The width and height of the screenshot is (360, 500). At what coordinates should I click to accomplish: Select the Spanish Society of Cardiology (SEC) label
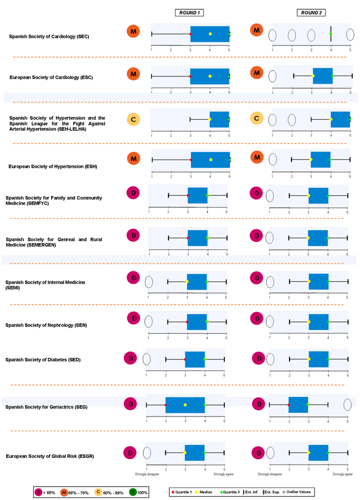49,36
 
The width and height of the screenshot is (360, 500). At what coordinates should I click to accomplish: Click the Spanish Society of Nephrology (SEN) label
46,325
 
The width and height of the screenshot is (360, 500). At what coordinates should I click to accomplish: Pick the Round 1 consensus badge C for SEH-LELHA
133,119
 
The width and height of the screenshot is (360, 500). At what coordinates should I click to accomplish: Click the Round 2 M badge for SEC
256,31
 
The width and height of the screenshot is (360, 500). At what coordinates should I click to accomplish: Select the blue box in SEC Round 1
209,34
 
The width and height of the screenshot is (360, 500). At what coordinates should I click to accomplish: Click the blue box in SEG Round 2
298,404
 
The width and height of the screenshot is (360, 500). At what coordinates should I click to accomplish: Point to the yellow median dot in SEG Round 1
185,404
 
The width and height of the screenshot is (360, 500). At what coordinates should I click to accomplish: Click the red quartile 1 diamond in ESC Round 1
190,76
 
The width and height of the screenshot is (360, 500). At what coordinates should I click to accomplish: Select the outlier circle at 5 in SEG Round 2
347,404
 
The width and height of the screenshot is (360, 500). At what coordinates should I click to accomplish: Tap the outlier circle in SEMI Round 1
149,282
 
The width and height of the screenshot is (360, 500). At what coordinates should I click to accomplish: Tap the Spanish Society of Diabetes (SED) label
42,359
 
